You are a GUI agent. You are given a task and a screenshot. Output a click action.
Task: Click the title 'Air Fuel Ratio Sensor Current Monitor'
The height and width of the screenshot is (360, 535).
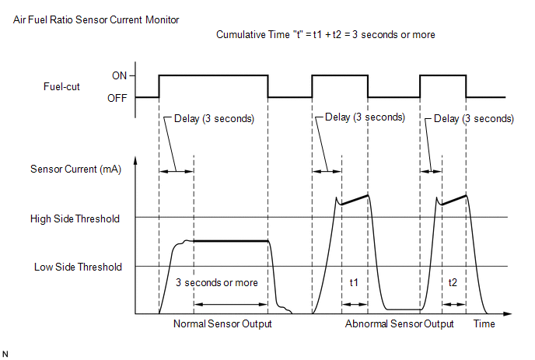(96, 19)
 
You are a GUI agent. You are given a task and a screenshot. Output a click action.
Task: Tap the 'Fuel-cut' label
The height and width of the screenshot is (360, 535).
(61, 86)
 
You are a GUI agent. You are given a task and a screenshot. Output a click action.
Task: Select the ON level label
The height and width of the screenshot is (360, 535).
(120, 75)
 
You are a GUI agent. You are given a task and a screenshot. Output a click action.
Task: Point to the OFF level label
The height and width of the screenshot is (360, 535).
(117, 98)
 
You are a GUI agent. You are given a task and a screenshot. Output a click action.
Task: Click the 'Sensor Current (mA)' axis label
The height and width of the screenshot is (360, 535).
(75, 170)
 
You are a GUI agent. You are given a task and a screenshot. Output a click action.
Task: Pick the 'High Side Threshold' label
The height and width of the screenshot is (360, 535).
(75, 218)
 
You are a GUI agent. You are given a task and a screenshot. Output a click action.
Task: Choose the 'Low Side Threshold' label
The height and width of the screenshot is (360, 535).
(78, 267)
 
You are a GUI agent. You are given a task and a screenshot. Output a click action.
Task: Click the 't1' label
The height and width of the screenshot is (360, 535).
(354, 282)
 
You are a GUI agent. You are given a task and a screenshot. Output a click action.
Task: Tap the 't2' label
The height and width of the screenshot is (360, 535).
(453, 282)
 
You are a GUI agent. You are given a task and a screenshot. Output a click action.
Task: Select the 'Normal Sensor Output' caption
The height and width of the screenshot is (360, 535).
(222, 323)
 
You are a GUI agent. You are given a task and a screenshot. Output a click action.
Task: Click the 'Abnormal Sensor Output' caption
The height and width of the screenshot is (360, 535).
(399, 323)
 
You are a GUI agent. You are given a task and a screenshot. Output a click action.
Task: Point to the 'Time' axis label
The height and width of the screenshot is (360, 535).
(484, 323)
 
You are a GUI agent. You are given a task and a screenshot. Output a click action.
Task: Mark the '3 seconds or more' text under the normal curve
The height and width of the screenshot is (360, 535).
(217, 282)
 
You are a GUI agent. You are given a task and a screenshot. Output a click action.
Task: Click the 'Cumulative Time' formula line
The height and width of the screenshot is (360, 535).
(326, 34)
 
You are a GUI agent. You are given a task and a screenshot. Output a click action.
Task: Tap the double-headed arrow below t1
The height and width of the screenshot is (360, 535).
(355, 304)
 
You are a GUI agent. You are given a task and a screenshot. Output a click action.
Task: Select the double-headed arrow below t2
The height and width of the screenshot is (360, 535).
(454, 304)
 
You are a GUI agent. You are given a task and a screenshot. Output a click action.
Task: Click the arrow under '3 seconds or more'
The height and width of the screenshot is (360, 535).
(231, 304)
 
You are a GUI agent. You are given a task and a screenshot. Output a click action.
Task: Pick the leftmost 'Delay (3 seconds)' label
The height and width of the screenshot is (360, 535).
(214, 119)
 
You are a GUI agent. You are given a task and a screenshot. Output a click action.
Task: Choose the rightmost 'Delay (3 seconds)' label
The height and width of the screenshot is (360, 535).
(474, 119)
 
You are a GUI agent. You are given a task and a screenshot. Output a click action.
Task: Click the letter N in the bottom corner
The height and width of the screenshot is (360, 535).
(5, 355)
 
